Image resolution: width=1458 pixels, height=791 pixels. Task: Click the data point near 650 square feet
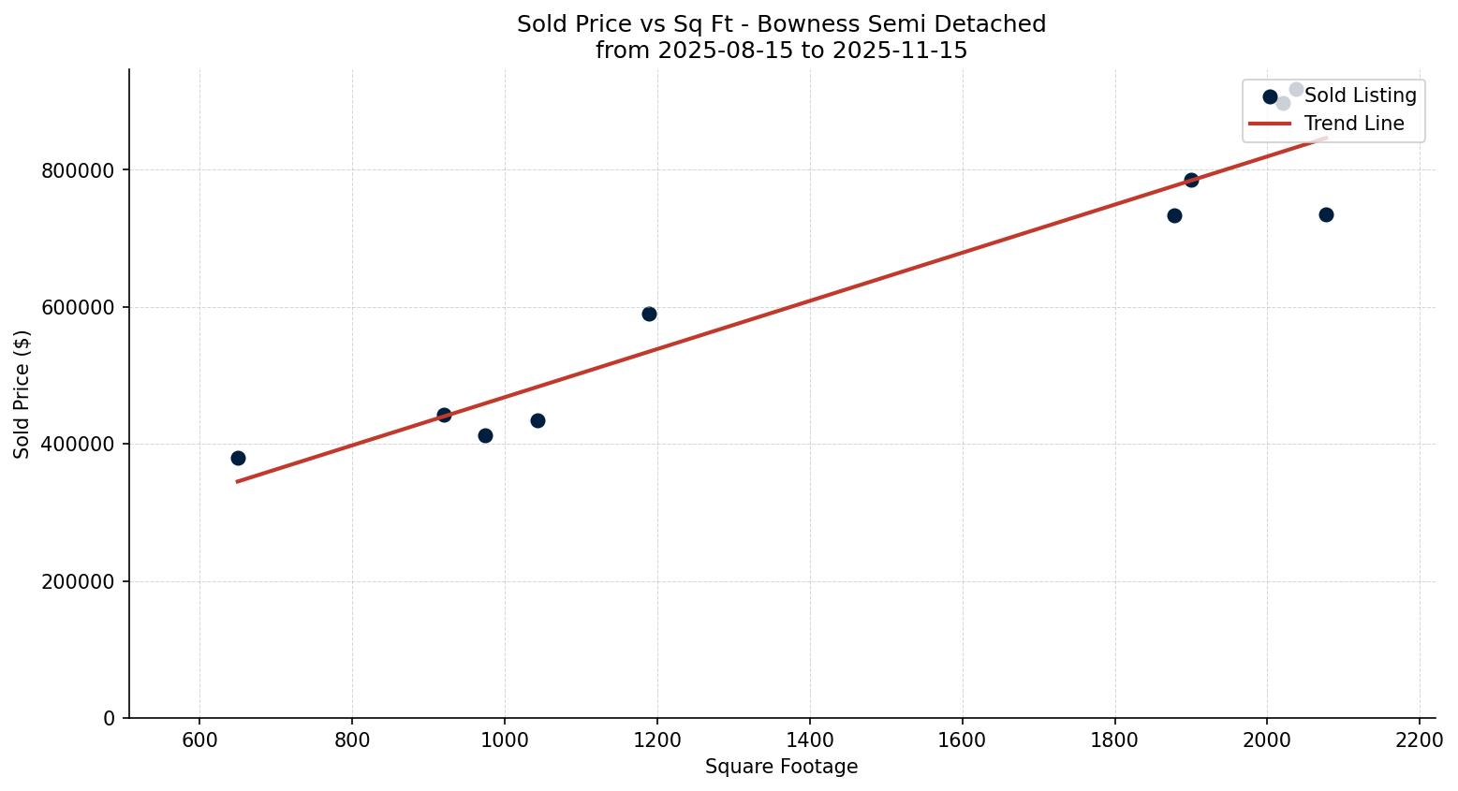(238, 458)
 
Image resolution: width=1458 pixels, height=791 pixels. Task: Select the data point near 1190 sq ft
(649, 314)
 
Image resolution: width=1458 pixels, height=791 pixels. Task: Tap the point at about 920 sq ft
(444, 415)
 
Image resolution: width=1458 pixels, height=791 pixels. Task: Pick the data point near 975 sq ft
(485, 435)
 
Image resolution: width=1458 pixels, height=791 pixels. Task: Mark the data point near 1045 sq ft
(538, 420)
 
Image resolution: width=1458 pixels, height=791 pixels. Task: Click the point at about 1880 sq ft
(1174, 215)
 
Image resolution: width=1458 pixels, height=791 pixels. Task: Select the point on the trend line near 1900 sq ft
(1191, 180)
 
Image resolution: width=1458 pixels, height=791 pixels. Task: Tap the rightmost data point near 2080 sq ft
(1326, 214)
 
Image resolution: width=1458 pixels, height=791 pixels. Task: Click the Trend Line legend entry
(1353, 124)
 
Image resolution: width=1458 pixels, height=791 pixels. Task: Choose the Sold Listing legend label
(1360, 95)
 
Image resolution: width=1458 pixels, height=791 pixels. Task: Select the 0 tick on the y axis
(110, 718)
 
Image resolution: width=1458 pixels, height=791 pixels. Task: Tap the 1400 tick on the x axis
(809, 739)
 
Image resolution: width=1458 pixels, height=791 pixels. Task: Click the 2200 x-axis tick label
(1420, 739)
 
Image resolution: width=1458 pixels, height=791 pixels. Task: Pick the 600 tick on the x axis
(199, 739)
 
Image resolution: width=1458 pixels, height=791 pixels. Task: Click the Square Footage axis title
(781, 767)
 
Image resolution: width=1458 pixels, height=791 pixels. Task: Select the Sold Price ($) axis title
(22, 394)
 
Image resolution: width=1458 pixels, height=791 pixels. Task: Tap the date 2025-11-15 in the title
(900, 51)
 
